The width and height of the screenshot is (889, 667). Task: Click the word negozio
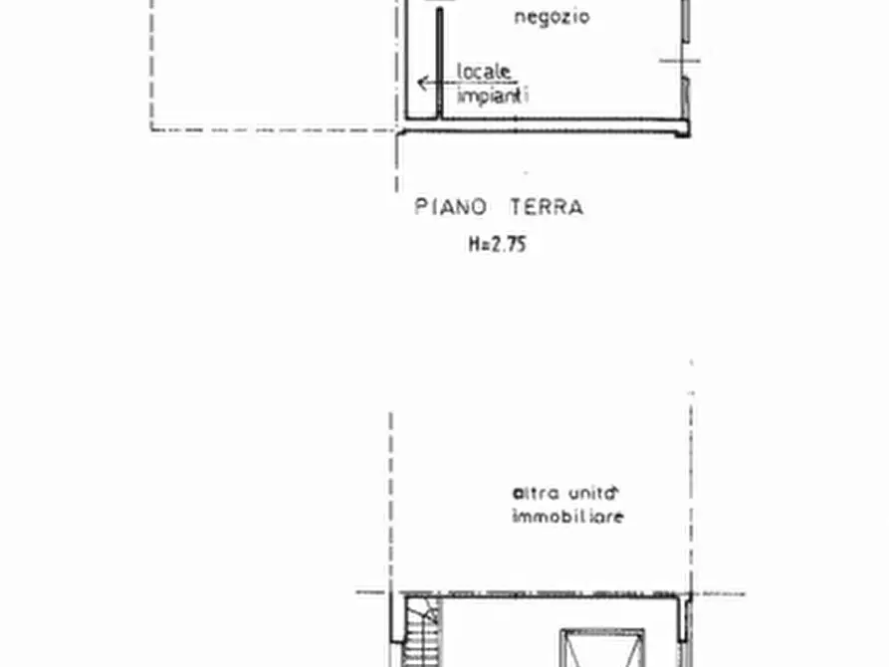[x=552, y=17]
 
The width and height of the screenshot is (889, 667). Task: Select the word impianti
[x=492, y=97]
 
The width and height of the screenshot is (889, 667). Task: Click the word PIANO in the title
[x=451, y=207]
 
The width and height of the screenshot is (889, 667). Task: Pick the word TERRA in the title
[x=546, y=207]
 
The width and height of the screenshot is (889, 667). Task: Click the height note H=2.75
[x=497, y=243]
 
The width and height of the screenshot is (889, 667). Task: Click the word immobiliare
[x=567, y=517]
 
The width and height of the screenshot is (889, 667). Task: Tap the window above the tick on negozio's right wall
[x=685, y=20]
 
